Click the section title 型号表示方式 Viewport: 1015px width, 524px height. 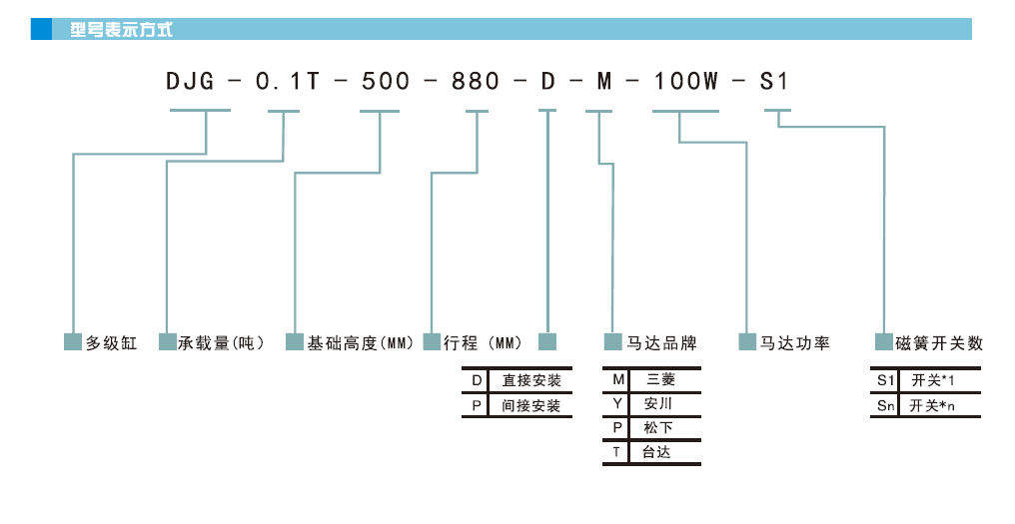pyautogui.click(x=121, y=30)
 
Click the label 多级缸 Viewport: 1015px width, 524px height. pyautogui.click(x=111, y=343)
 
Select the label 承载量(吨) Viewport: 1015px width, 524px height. pyautogui.click(x=221, y=343)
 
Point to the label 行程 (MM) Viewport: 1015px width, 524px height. pyautogui.click(x=484, y=343)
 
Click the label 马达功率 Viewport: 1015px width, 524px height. pyautogui.click(x=795, y=343)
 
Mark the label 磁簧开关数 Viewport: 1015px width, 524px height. pyautogui.click(x=939, y=343)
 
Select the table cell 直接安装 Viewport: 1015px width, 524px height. pyautogui.click(x=531, y=380)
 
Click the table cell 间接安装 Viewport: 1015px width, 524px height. pyautogui.click(x=531, y=406)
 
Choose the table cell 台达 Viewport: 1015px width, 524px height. pyautogui.click(x=656, y=452)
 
